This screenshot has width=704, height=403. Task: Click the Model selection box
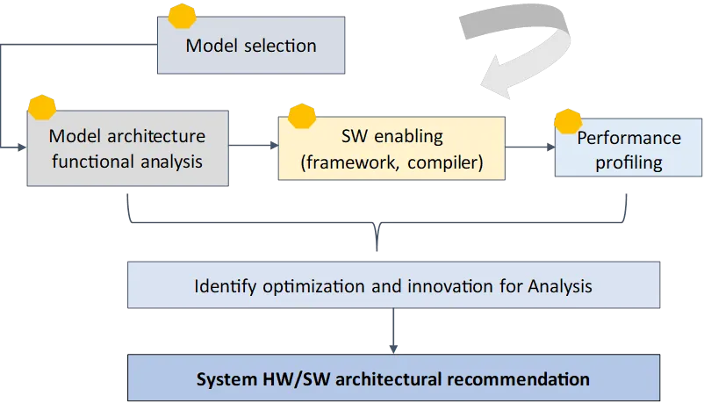click(x=250, y=45)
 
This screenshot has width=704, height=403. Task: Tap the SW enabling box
click(x=392, y=148)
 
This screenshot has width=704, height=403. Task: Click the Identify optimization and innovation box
click(x=392, y=286)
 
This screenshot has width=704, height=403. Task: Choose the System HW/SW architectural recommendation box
click(x=392, y=379)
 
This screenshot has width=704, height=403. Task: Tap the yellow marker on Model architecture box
click(x=41, y=107)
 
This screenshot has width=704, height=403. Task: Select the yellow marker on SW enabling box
click(x=301, y=117)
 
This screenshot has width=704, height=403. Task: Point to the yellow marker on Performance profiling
click(x=568, y=122)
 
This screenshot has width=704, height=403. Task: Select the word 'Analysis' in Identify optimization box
click(x=560, y=286)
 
